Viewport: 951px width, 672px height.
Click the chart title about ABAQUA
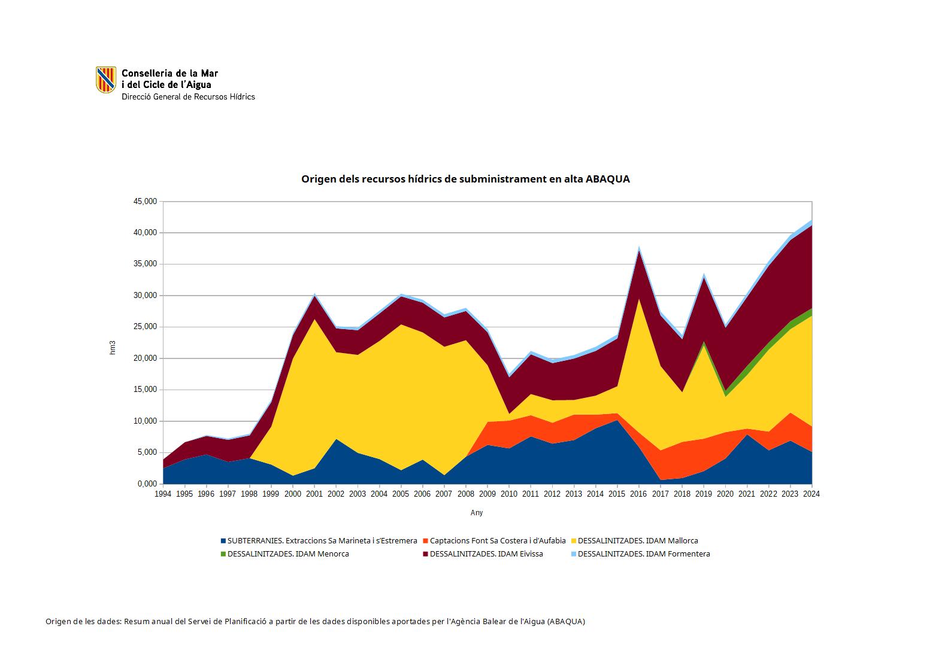point(465,179)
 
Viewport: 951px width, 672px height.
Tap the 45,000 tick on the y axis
point(144,202)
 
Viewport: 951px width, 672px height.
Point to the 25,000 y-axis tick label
point(144,327)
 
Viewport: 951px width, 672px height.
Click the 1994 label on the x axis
point(163,494)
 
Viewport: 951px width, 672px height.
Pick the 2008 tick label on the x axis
point(465,494)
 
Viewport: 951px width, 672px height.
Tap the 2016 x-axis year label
point(638,494)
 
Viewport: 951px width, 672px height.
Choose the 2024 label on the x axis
point(811,494)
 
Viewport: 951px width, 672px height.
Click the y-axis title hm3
point(112,348)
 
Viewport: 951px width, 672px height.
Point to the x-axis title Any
point(477,513)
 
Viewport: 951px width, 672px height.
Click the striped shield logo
point(106,80)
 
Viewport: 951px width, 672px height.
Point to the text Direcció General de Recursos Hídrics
point(188,97)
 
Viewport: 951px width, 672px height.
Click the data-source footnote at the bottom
point(315,622)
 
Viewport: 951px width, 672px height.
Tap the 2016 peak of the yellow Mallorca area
point(639,299)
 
